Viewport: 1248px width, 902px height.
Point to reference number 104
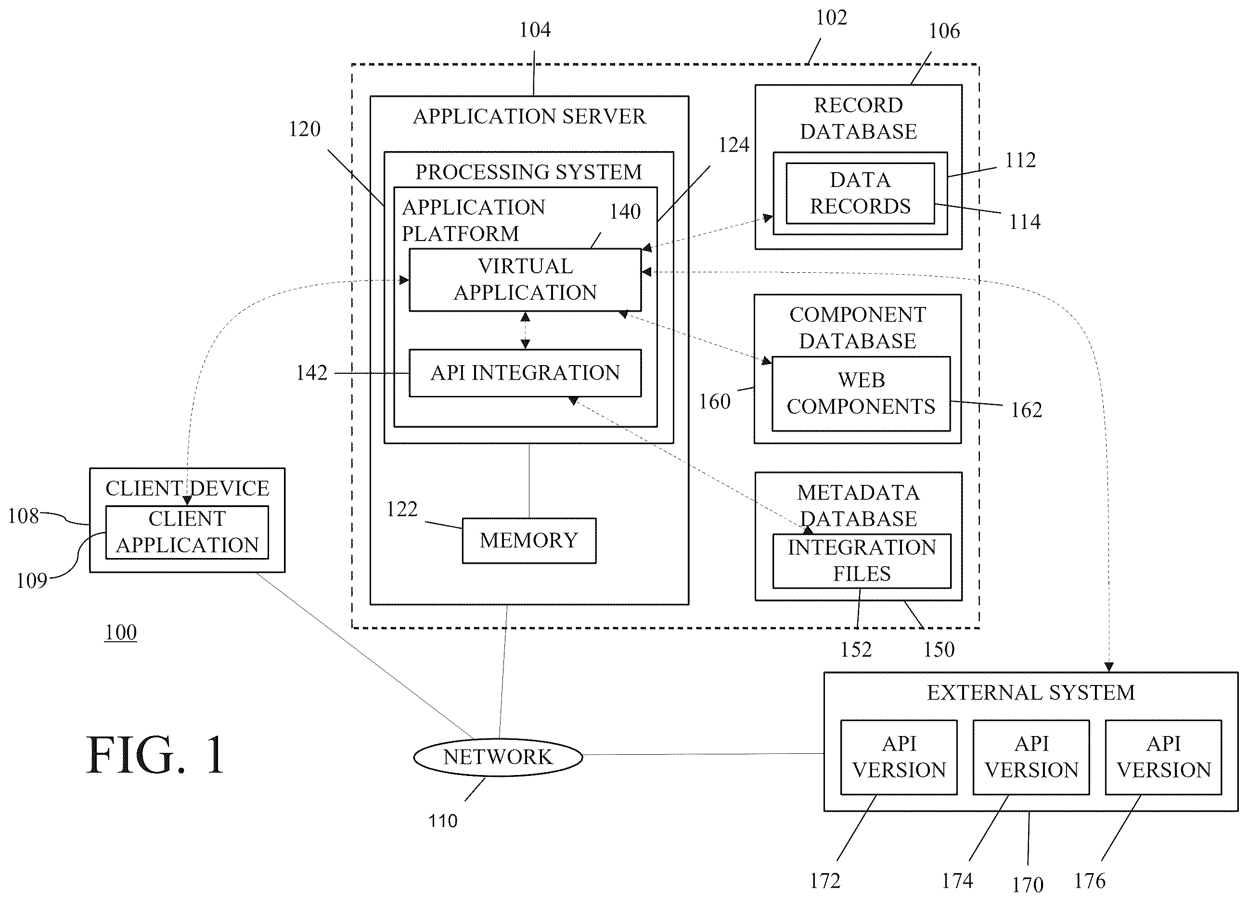[x=535, y=30]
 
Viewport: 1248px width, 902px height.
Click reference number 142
[x=311, y=373]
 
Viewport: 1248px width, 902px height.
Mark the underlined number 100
[x=120, y=633]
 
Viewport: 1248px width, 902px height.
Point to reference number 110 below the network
[x=443, y=821]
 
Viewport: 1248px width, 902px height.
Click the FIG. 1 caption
[x=156, y=755]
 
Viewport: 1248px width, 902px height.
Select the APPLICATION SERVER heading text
[x=529, y=116]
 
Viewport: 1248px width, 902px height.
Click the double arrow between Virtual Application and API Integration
[x=526, y=330]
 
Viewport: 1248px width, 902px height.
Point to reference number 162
[x=1026, y=410]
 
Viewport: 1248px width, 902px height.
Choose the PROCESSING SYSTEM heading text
[x=528, y=172]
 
